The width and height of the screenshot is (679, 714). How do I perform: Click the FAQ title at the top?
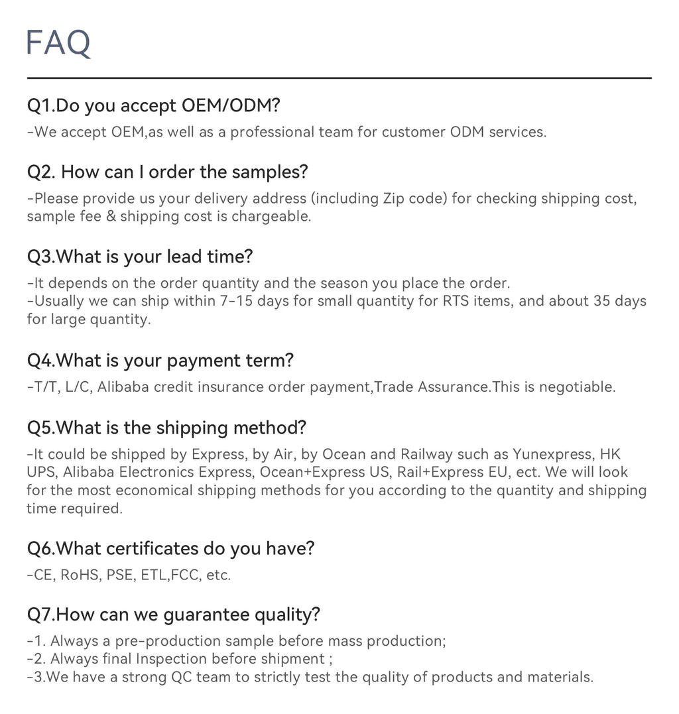58,43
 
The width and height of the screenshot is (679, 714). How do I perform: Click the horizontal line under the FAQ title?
339,78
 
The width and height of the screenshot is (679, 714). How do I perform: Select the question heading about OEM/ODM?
154,105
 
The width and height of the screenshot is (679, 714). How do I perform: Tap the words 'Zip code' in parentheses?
409,198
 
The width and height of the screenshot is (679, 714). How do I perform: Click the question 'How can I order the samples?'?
168,172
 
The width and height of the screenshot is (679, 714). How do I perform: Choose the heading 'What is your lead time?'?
140,257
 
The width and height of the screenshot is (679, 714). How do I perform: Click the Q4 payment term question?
160,361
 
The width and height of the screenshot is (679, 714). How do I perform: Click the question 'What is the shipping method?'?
166,428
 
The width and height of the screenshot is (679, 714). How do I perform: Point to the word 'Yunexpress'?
552,455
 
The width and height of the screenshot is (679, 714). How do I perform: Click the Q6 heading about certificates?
170,548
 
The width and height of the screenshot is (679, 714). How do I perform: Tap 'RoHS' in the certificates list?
80,575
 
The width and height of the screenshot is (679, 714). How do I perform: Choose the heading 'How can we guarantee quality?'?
174,615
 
